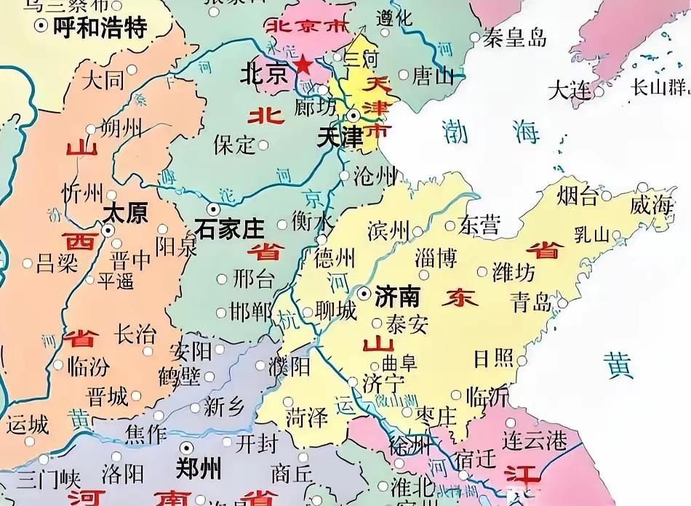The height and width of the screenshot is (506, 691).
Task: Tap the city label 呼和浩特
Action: click(x=104, y=28)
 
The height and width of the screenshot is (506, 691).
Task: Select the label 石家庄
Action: click(x=230, y=229)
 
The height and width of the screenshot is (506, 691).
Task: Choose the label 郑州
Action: click(x=199, y=467)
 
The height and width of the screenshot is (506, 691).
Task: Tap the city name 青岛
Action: click(x=530, y=302)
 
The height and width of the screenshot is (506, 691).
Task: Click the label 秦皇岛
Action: click(x=516, y=38)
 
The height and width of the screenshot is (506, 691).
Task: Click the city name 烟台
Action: click(x=577, y=196)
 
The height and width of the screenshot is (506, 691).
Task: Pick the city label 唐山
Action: click(x=432, y=75)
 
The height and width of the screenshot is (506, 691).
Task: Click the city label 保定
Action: click(x=234, y=145)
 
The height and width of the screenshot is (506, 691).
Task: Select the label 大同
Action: click(x=103, y=79)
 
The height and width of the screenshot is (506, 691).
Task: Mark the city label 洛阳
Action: click(x=123, y=475)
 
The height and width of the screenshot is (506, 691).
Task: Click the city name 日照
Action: click(x=492, y=358)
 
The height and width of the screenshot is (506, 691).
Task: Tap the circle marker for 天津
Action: click(x=353, y=115)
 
